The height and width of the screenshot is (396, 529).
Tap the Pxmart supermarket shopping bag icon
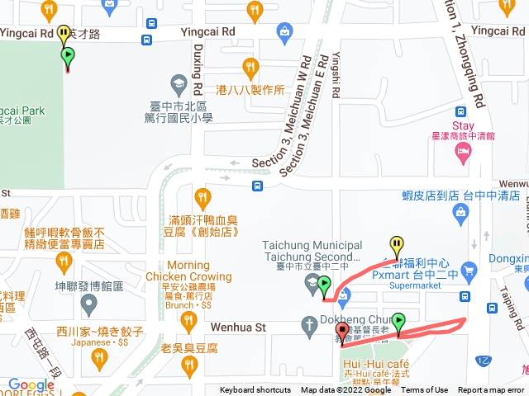click(x=469, y=270)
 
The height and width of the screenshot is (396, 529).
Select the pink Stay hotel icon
click(x=462, y=152)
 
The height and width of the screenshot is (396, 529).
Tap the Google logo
click(x=31, y=385)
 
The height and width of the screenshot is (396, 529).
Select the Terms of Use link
click(x=425, y=390)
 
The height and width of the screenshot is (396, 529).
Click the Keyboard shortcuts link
click(x=255, y=390)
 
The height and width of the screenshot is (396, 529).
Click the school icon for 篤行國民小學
click(x=178, y=82)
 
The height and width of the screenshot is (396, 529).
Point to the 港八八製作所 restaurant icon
click(x=250, y=66)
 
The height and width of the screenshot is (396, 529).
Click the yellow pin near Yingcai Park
click(x=64, y=34)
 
